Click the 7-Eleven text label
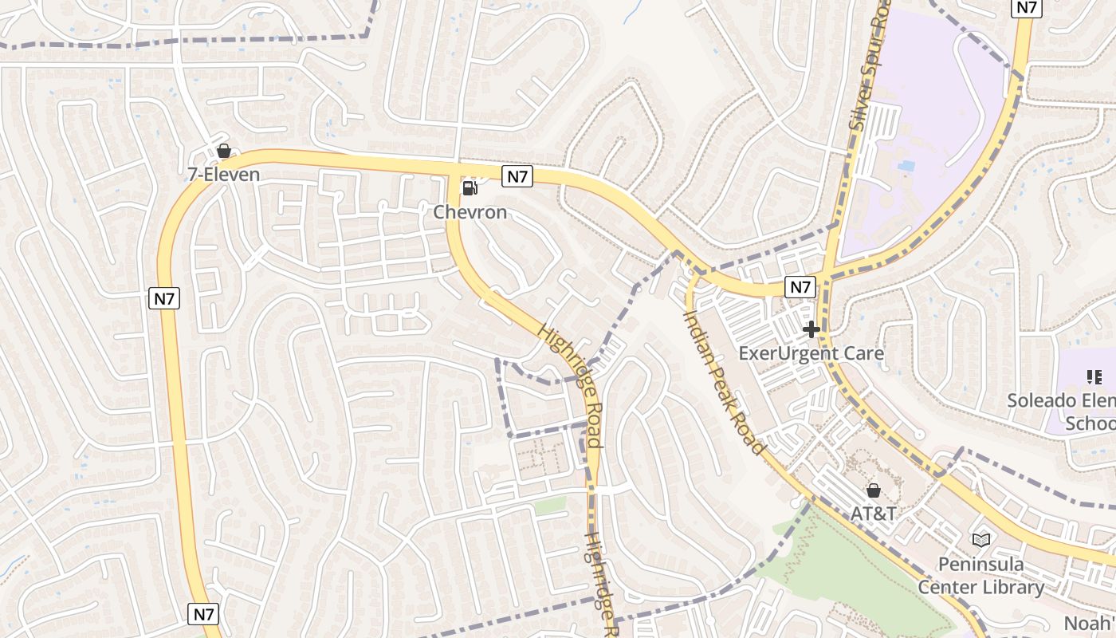click(x=223, y=174)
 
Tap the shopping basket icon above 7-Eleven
click(x=224, y=151)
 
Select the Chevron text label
click(x=470, y=212)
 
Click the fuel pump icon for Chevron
click(x=470, y=188)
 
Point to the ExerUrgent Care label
click(x=811, y=352)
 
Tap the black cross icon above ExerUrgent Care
click(x=811, y=329)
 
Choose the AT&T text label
click(x=873, y=513)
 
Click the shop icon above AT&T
click(x=874, y=490)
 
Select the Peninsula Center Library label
click(x=980, y=576)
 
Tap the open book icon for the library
click(x=981, y=541)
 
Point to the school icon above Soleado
click(x=1094, y=376)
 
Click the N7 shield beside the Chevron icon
click(x=517, y=176)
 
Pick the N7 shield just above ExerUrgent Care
click(x=800, y=287)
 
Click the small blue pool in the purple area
click(x=906, y=165)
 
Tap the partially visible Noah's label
click(x=1092, y=623)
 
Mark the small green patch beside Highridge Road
click(x=549, y=506)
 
